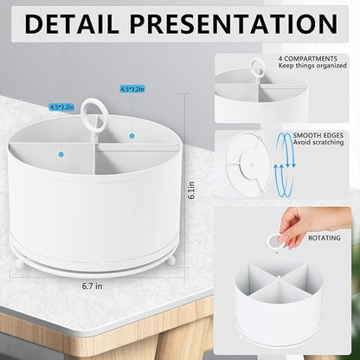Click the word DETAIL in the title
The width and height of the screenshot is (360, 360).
[x=71, y=23]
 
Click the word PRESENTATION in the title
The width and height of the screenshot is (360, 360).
[x=234, y=23]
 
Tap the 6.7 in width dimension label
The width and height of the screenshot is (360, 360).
[x=92, y=286]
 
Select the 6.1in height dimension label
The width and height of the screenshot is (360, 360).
[x=191, y=190]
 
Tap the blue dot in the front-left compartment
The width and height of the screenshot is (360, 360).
[x=61, y=155]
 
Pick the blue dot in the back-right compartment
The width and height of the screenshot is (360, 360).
[x=132, y=136]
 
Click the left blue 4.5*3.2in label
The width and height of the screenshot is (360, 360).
[x=61, y=107]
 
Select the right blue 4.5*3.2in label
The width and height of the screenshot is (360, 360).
[x=132, y=89]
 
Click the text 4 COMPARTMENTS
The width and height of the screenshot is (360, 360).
[x=308, y=59]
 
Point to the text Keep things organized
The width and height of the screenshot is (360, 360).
[x=312, y=66]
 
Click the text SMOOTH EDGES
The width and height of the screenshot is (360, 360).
[x=318, y=135]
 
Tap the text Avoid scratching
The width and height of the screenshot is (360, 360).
[x=318, y=142]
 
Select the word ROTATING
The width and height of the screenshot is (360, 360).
[x=325, y=238]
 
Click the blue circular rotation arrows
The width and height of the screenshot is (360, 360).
[x=285, y=164]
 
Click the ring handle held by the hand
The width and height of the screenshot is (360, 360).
[x=274, y=241]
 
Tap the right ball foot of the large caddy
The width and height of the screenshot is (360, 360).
[x=171, y=260]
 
